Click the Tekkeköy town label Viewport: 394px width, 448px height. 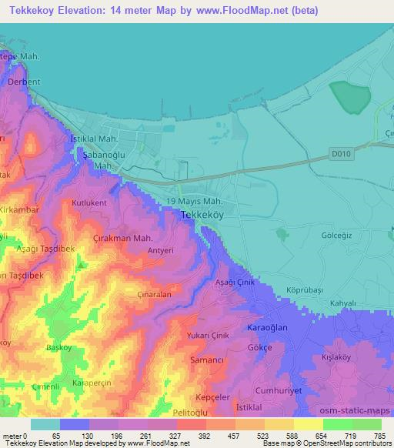click(x=202, y=216)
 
